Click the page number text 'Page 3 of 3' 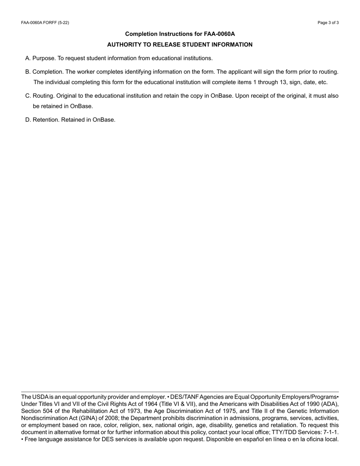click(x=328, y=23)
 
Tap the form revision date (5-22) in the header click(x=63, y=23)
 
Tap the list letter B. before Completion click(x=28, y=72)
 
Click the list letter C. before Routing click(x=28, y=96)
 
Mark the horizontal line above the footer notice click(x=180, y=392)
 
